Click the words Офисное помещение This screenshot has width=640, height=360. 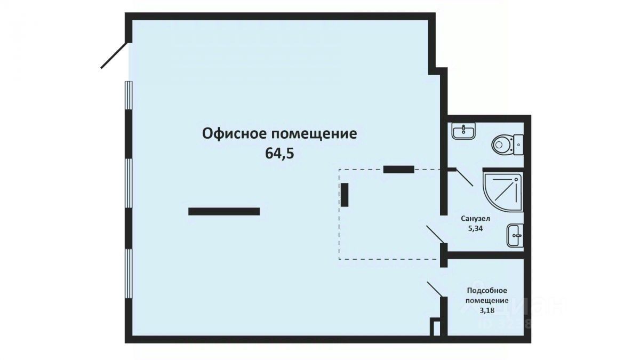[x=279, y=133]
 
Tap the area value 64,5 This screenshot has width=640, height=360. [x=279, y=154]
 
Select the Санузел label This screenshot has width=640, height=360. [x=475, y=219]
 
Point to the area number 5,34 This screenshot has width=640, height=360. [x=475, y=228]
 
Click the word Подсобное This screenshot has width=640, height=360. [x=486, y=291]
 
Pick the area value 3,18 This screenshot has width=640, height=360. [x=486, y=310]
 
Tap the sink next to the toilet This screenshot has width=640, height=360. [x=464, y=130]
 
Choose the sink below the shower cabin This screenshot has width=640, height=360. [x=514, y=235]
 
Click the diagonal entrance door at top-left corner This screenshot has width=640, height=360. [x=114, y=55]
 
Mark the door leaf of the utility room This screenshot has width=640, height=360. [x=434, y=289]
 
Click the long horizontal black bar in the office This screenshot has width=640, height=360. [x=224, y=211]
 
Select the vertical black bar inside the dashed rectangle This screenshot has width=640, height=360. [x=345, y=195]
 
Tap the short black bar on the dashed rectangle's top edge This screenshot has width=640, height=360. [x=398, y=170]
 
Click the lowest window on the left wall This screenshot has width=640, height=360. [x=128, y=274]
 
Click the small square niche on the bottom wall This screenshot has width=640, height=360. [x=436, y=327]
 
